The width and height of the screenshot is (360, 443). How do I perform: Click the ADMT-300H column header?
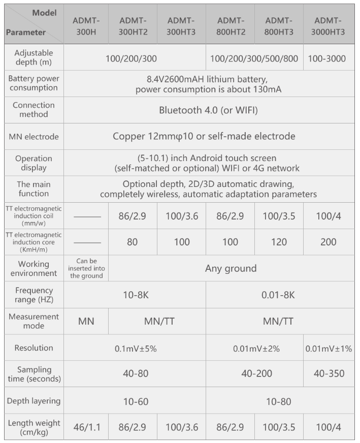[86, 26]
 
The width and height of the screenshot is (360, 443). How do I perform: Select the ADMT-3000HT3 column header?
[329, 26]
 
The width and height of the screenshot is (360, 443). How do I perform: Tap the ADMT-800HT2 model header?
[231, 26]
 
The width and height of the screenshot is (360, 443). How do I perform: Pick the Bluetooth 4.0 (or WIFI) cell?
[209, 110]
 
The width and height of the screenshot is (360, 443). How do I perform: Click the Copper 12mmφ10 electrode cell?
[209, 136]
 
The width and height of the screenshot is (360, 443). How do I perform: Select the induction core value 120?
[279, 242]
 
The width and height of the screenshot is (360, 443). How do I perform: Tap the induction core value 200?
[329, 242]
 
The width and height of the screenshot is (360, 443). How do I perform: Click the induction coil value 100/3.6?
[182, 215]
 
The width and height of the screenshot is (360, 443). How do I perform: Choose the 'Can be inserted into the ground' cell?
[86, 268]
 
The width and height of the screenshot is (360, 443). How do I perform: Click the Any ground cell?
[231, 268]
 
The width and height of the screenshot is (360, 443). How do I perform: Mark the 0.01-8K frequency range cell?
[279, 295]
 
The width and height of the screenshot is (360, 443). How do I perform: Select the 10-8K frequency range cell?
[136, 295]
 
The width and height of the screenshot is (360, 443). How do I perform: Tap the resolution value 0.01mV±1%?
[329, 349]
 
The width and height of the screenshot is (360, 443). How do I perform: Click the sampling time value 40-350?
[329, 374]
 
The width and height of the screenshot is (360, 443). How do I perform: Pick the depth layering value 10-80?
[279, 401]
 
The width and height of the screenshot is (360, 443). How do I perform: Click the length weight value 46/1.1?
[86, 427]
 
